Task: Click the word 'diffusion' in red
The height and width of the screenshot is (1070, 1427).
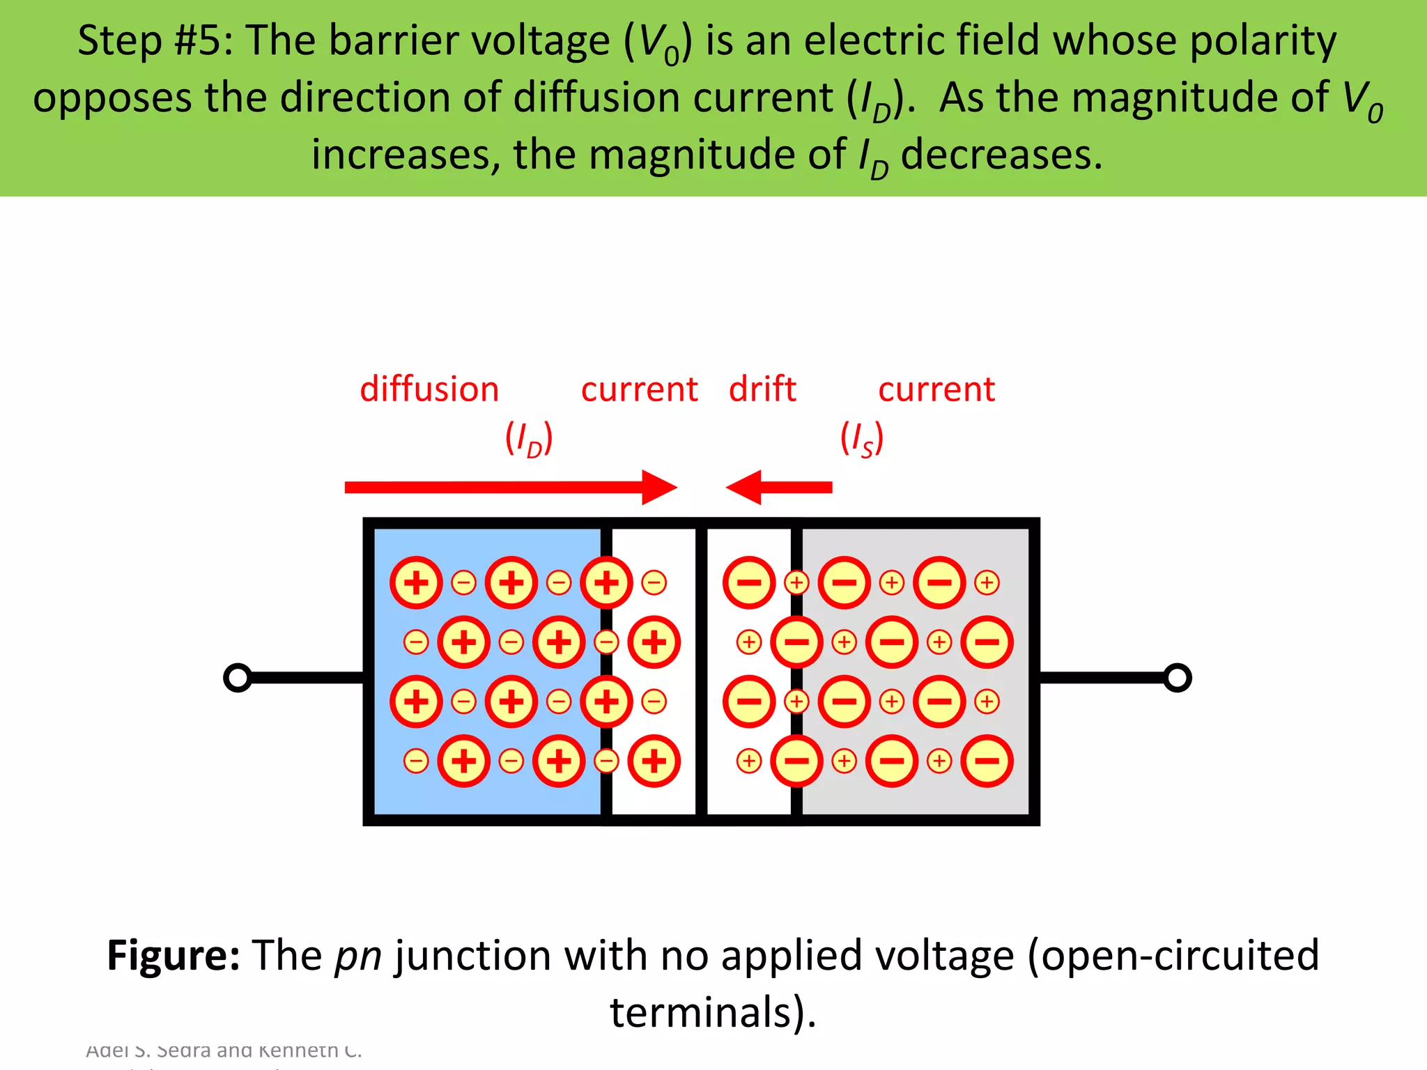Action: (x=429, y=389)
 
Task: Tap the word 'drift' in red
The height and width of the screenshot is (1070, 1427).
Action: (x=762, y=389)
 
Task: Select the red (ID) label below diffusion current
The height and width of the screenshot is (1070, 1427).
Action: (x=529, y=439)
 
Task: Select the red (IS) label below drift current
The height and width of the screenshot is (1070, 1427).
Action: (x=862, y=439)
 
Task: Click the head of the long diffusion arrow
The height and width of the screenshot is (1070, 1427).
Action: (x=658, y=487)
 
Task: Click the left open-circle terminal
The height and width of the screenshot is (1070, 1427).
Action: (x=238, y=678)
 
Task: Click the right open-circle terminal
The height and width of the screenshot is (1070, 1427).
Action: (x=1177, y=678)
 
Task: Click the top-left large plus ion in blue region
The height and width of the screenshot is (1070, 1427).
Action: (x=416, y=582)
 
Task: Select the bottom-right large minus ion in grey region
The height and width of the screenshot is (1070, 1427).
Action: (x=987, y=761)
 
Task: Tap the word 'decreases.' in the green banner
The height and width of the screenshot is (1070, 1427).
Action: (x=1001, y=155)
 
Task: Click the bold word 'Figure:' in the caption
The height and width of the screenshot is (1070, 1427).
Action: (x=173, y=955)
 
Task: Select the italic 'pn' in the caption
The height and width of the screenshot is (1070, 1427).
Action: (x=358, y=956)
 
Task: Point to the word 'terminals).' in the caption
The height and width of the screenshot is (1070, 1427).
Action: (x=713, y=1012)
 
